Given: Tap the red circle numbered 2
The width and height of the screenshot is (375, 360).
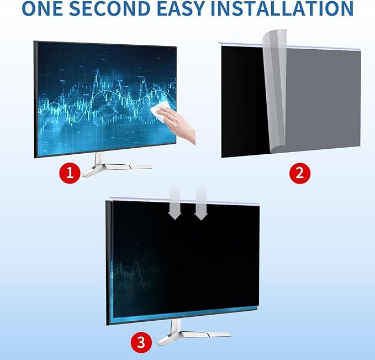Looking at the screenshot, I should (x=300, y=173).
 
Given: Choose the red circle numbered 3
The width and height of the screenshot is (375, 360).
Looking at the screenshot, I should (x=141, y=342).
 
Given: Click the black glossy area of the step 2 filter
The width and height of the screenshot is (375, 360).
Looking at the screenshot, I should (x=243, y=100).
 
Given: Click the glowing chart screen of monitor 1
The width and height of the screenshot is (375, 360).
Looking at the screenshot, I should (x=99, y=94).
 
